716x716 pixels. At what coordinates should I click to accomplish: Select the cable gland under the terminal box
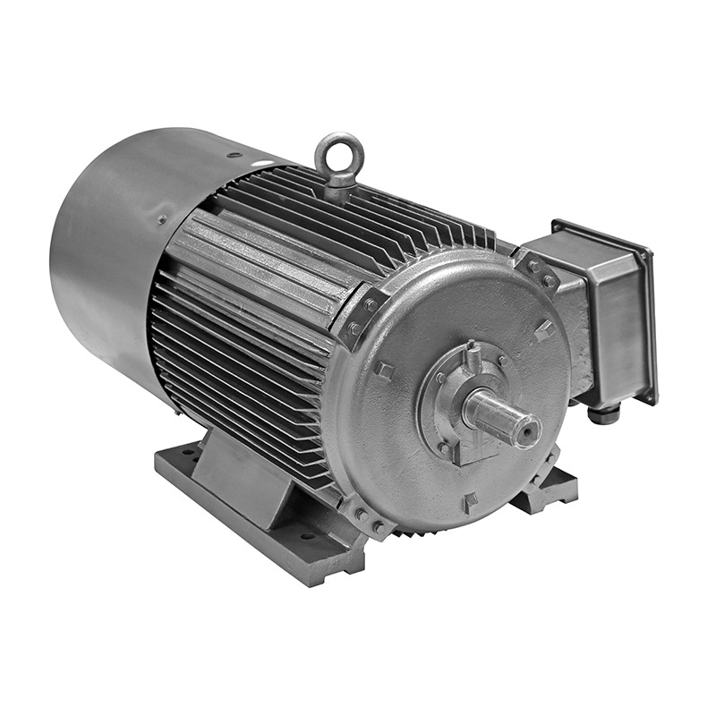pos(601,413)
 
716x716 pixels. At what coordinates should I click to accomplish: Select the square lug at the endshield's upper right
pos(544,329)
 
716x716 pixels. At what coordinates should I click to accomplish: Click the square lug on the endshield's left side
pos(383,370)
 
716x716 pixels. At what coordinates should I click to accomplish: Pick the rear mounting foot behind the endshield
pos(546,488)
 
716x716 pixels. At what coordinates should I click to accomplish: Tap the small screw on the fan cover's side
pos(161,218)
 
